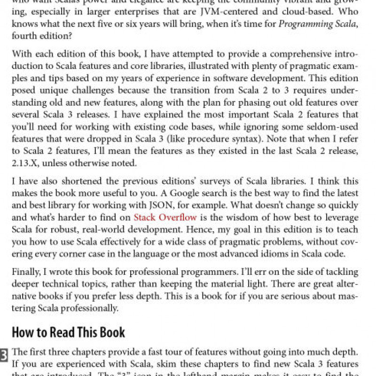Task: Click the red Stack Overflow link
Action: tap(165, 217)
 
